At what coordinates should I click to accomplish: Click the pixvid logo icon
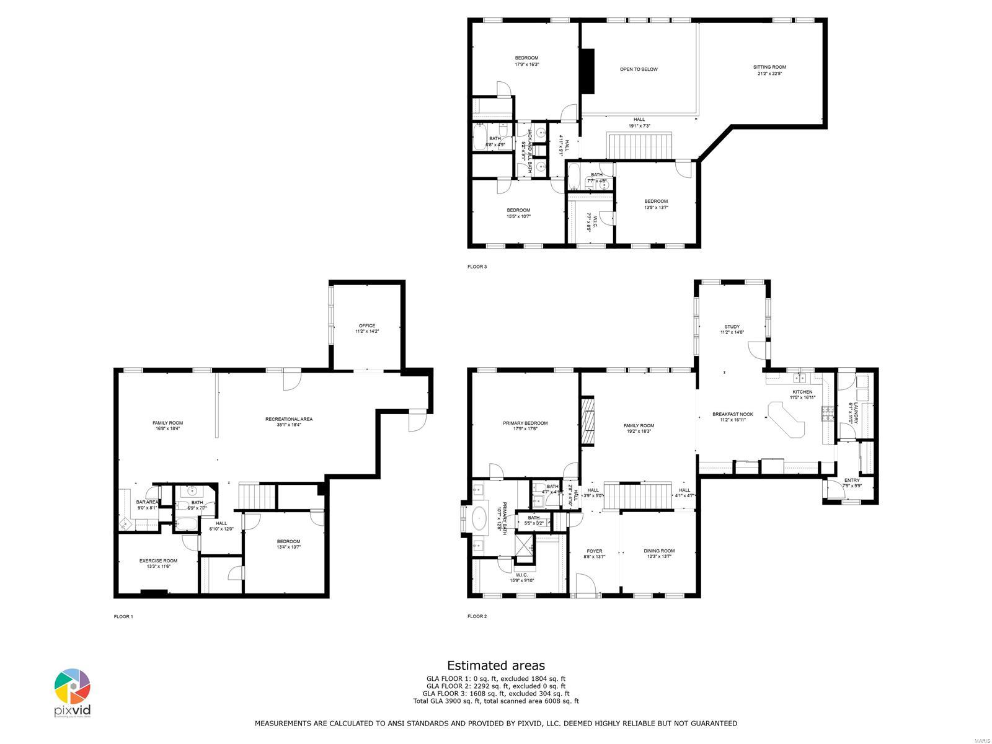[72, 687]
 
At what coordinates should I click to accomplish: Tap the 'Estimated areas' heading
[496, 665]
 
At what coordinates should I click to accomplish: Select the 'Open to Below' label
[639, 69]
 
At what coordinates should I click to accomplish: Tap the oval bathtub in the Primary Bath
[480, 518]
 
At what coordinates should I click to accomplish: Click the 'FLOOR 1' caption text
[123, 617]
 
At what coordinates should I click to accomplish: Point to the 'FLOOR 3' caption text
[477, 267]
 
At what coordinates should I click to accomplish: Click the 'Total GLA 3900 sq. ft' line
[496, 701]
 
